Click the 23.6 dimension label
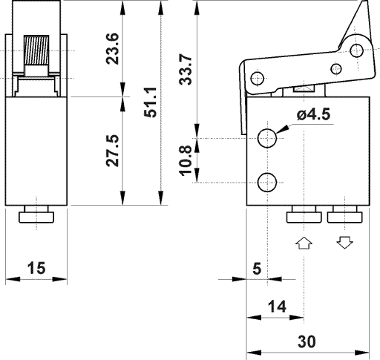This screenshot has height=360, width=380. pos(112,48)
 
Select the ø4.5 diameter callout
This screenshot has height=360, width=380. pos(312,115)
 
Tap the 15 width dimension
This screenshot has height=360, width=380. pos(36,268)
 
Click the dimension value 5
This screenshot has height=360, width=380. pos(256,268)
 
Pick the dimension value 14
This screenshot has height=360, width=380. pos(275,305)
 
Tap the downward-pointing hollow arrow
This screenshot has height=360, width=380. pos(344,243)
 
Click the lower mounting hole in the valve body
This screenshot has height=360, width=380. pos(267,180)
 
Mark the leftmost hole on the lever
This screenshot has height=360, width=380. pos(258,78)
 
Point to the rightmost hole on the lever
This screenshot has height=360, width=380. pos(358,51)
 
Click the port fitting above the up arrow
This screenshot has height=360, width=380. pos(304,215)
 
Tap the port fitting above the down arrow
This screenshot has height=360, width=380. pos(344,215)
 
